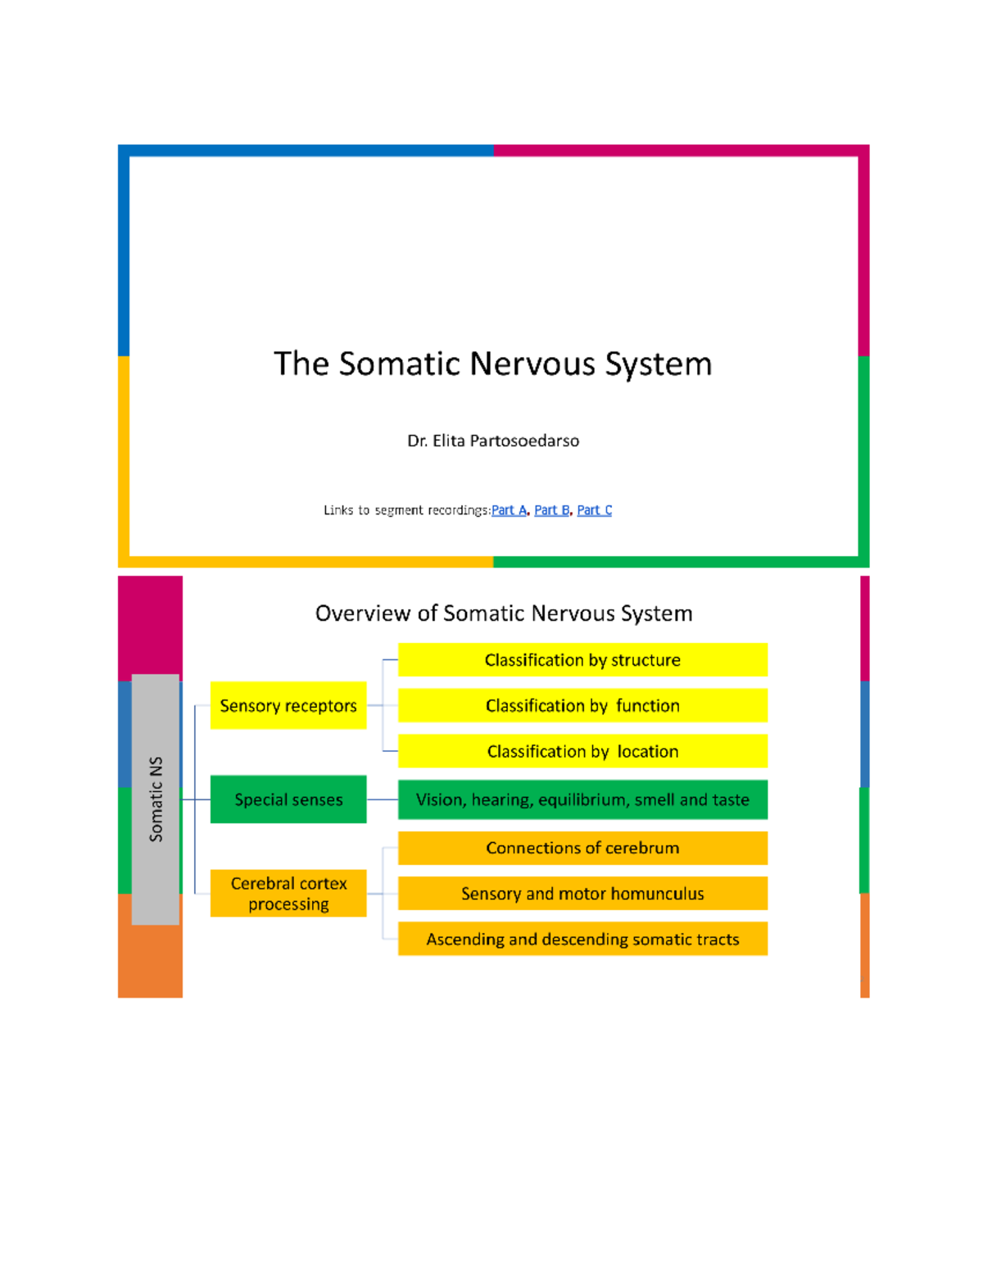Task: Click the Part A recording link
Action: click(x=508, y=510)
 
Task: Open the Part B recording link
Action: click(x=551, y=510)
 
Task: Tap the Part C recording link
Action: click(x=594, y=510)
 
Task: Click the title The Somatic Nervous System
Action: click(x=493, y=364)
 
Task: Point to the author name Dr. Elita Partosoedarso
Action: click(x=493, y=441)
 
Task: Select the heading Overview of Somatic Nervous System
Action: click(x=504, y=613)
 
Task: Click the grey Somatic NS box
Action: click(x=156, y=799)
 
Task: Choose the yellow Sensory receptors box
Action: click(x=288, y=705)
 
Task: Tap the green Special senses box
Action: click(x=288, y=799)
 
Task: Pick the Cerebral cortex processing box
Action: click(x=288, y=894)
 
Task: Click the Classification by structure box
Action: click(x=582, y=660)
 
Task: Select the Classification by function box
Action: click(x=582, y=705)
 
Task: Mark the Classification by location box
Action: click(x=582, y=751)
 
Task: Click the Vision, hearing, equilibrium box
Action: click(x=582, y=799)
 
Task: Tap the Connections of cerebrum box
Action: click(x=582, y=848)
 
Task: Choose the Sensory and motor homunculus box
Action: click(x=582, y=894)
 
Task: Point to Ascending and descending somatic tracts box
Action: click(x=582, y=939)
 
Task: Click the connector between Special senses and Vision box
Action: click(x=383, y=799)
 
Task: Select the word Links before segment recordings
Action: click(x=338, y=510)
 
